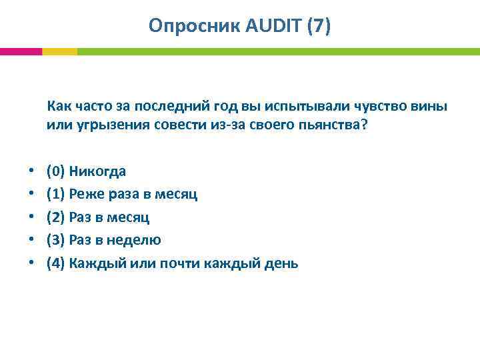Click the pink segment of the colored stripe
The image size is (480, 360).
coord(21,51)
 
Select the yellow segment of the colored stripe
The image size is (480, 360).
coord(59,51)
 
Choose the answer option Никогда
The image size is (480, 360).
coord(97,171)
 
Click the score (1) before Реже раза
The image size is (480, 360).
coord(56,194)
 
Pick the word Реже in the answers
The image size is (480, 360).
coord(84,194)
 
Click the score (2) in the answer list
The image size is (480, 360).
coord(56,217)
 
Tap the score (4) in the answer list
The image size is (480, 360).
coord(56,263)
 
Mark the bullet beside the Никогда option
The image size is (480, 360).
coord(31,172)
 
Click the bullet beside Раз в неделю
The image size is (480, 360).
coord(31,240)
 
